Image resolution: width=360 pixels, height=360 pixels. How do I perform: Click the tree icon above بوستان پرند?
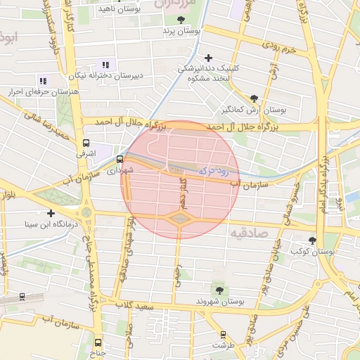[181, 20]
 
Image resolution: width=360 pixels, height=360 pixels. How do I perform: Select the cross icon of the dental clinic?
[207, 58]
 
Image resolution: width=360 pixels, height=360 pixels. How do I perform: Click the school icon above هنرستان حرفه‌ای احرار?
[43, 81]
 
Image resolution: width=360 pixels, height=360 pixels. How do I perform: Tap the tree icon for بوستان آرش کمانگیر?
[253, 98]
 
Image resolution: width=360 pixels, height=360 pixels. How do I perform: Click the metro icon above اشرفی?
[86, 143]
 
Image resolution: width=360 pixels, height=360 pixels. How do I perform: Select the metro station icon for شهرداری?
[120, 159]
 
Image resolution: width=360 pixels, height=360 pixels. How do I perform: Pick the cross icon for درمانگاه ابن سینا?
[51, 213]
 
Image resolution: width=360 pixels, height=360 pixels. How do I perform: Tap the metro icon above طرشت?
[224, 335]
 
